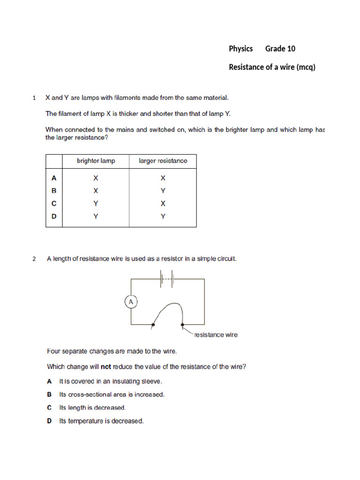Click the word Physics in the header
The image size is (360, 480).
coord(240,49)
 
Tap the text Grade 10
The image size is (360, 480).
coord(280,49)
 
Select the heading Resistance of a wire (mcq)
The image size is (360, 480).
coord(272,67)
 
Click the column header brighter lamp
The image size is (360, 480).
coord(96,161)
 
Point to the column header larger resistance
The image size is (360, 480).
coord(163,161)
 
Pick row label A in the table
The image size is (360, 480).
coord(54,178)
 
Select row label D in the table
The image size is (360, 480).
coord(54,217)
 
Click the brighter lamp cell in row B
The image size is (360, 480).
coord(96,191)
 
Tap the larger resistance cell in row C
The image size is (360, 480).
coord(163,203)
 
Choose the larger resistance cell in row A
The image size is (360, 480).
coord(163,178)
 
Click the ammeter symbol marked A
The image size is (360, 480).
coord(131,302)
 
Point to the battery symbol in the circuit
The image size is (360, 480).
coord(167,279)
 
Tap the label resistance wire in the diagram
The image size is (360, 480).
coord(216,335)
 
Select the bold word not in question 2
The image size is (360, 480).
coord(106,367)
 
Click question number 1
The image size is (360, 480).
coord(34,98)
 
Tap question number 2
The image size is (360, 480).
coord(34,259)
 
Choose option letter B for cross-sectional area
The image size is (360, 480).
coord(49,395)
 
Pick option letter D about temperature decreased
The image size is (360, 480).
coord(49,421)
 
